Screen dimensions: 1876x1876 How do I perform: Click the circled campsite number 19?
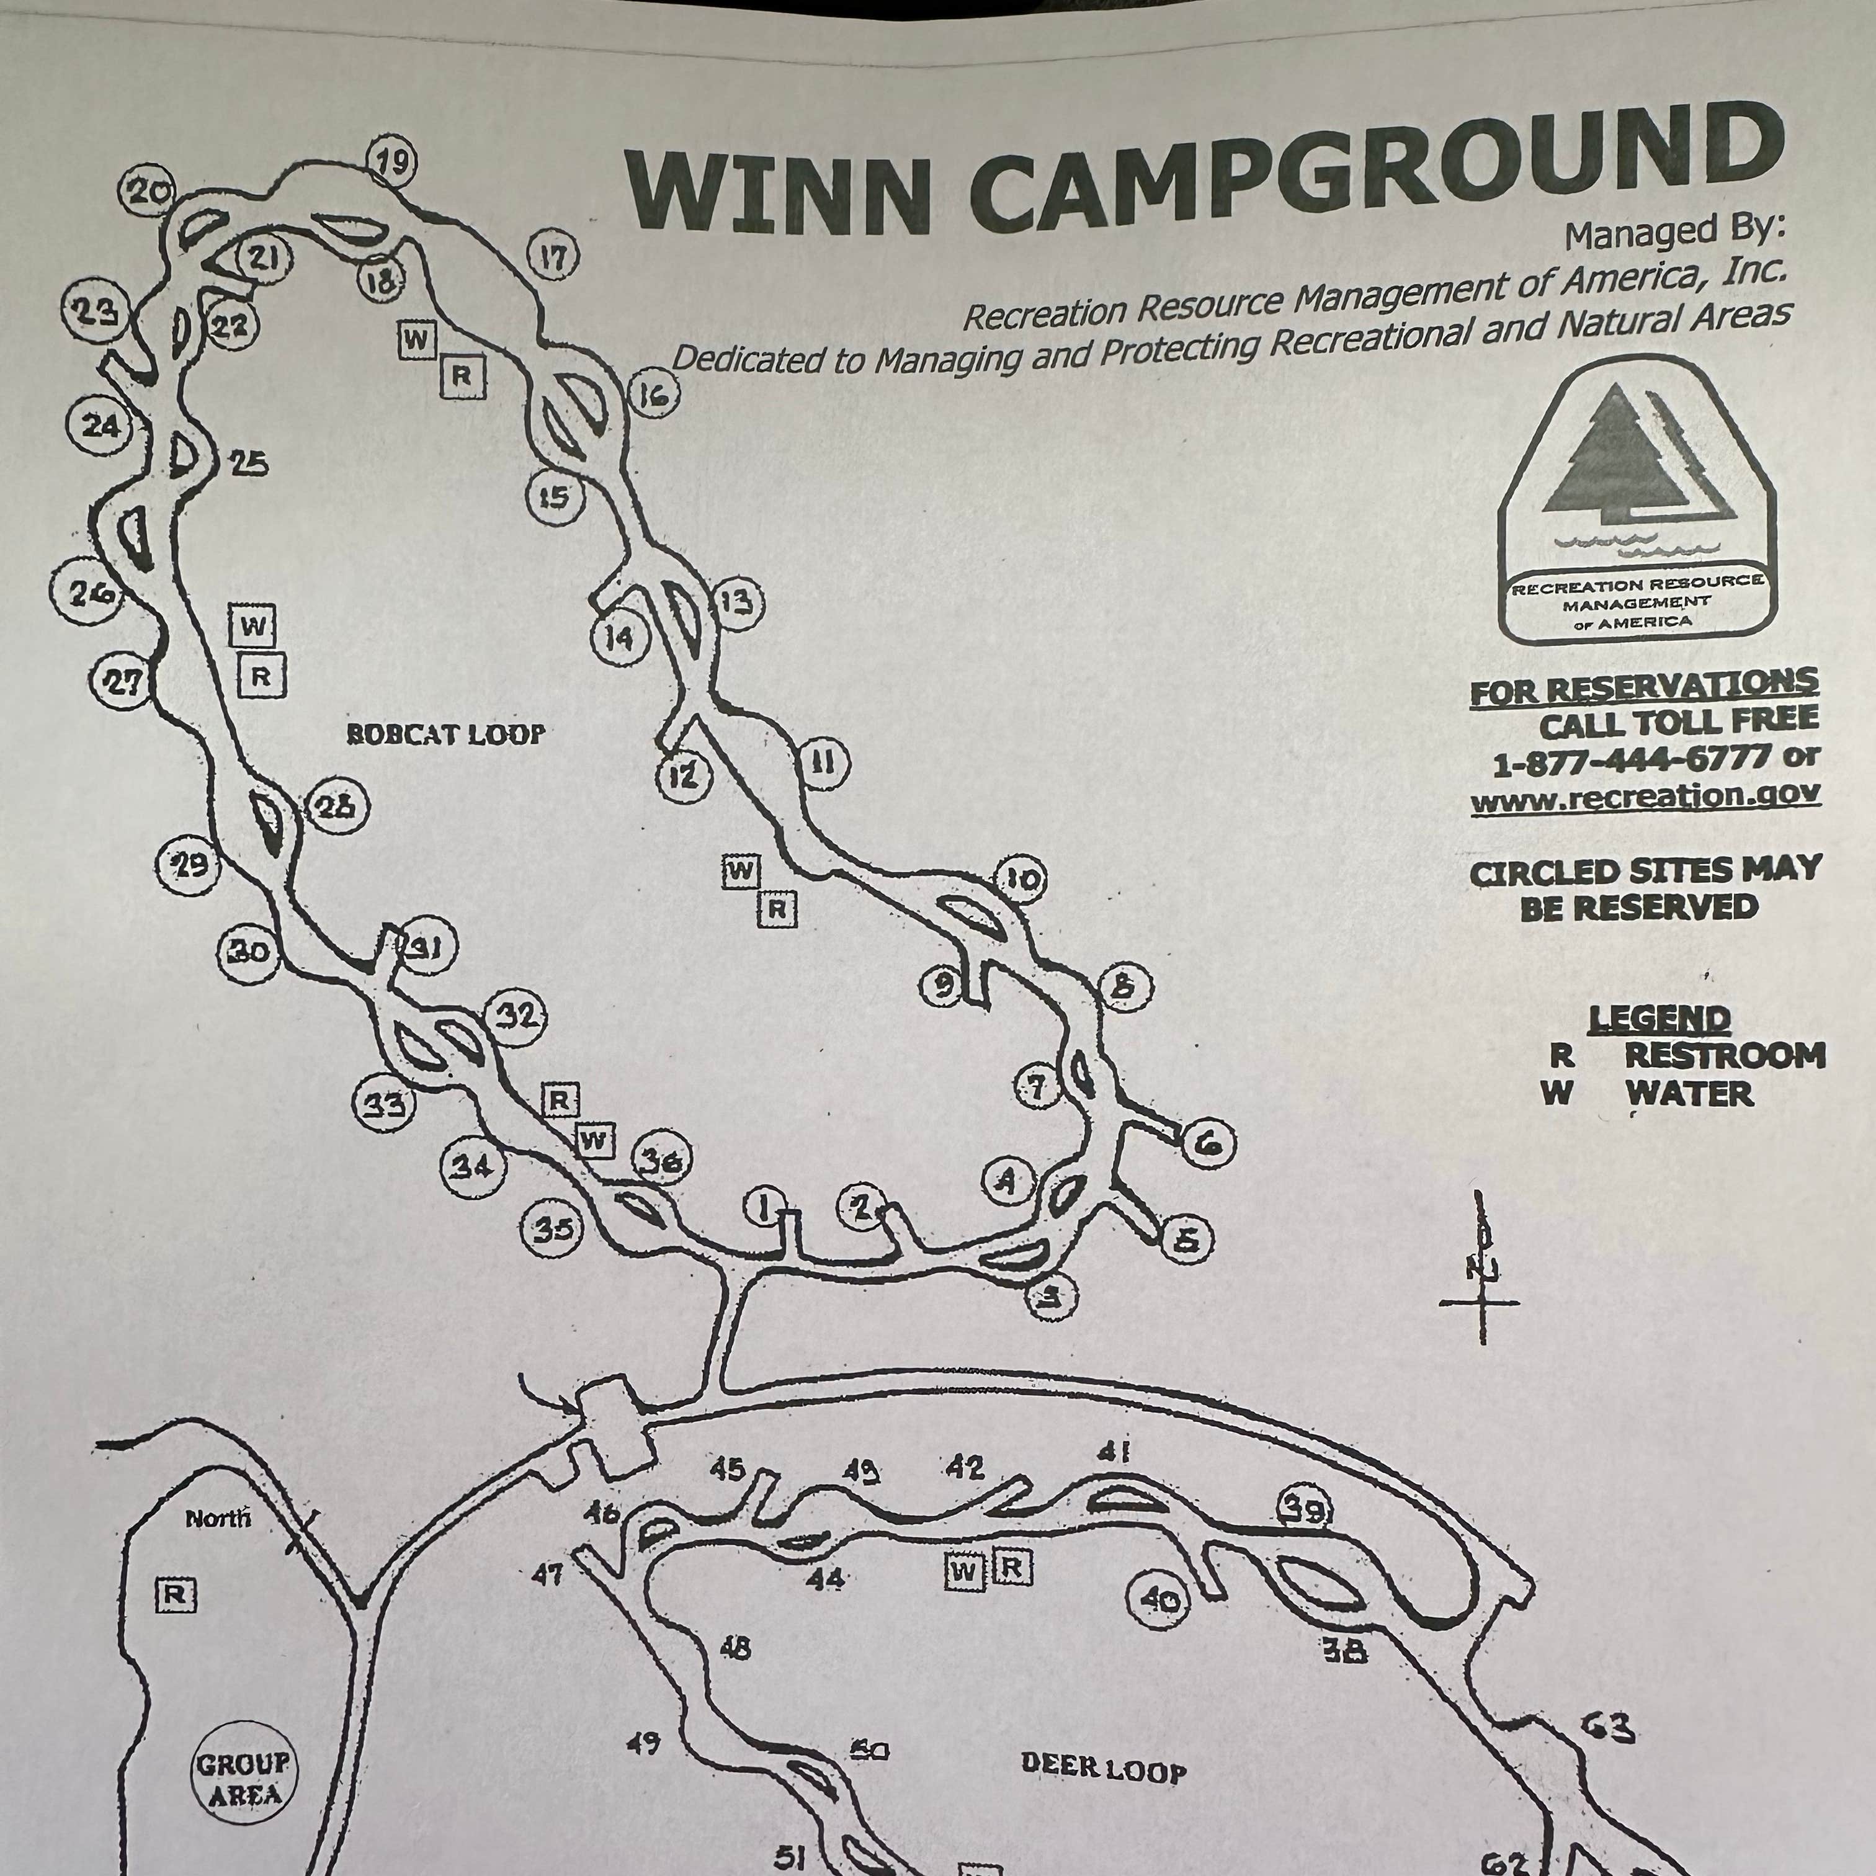[x=391, y=162]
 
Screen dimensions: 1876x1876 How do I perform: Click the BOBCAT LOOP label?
[x=445, y=734]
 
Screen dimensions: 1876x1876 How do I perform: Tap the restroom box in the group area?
[x=176, y=1594]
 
